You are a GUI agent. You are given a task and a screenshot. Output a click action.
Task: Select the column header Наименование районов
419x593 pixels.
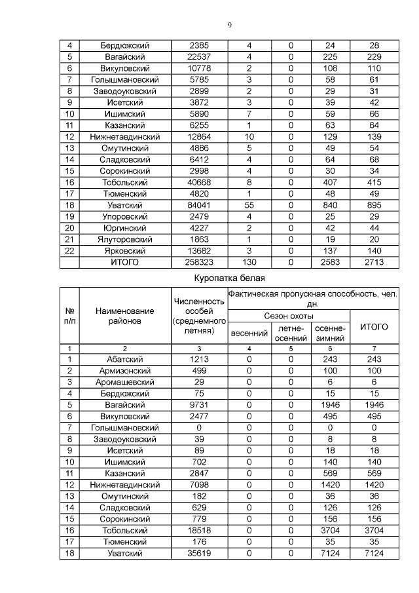[x=124, y=316]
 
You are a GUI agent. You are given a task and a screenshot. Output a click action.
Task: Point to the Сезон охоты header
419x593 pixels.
[x=289, y=316]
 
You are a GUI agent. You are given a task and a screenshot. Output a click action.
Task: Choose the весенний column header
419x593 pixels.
[x=249, y=333]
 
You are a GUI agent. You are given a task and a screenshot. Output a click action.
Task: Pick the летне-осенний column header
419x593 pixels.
[x=290, y=333]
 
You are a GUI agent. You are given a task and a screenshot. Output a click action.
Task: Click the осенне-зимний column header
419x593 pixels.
[x=330, y=333]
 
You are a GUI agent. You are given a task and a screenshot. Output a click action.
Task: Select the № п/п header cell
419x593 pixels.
[x=69, y=316]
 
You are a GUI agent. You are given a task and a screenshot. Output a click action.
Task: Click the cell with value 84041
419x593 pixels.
[x=198, y=205]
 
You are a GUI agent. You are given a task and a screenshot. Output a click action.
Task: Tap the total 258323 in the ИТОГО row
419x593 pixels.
[x=198, y=262]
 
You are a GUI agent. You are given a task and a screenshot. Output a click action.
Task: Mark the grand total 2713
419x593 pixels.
[x=374, y=262]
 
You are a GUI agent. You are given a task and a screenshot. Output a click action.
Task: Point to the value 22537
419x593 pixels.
[x=198, y=57]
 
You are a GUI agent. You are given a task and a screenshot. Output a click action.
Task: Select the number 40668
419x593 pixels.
[x=198, y=182]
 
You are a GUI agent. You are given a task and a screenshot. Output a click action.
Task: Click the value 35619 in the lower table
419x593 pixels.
[x=198, y=553]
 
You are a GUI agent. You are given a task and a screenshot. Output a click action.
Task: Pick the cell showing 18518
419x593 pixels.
[x=198, y=530]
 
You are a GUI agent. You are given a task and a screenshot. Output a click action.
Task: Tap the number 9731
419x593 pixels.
[x=198, y=405]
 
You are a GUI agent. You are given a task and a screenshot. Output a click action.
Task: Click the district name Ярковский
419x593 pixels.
[x=124, y=251]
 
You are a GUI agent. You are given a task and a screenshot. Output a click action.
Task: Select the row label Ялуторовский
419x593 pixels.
[x=124, y=239]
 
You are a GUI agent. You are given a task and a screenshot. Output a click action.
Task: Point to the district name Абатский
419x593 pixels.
[x=124, y=359]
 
